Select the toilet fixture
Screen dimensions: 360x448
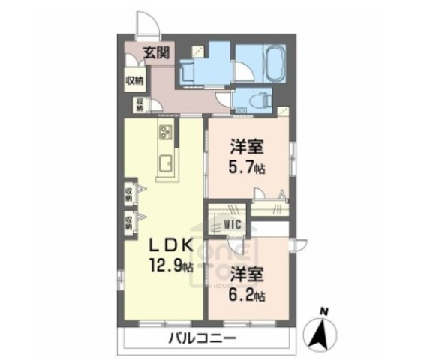click(x=263, y=97)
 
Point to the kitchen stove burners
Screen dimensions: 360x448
click(x=166, y=134)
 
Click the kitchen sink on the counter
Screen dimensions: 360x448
click(x=165, y=163)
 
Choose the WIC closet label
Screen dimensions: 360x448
click(x=230, y=222)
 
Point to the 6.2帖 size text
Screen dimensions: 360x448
click(x=247, y=294)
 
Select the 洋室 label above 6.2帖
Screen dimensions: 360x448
click(x=246, y=274)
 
